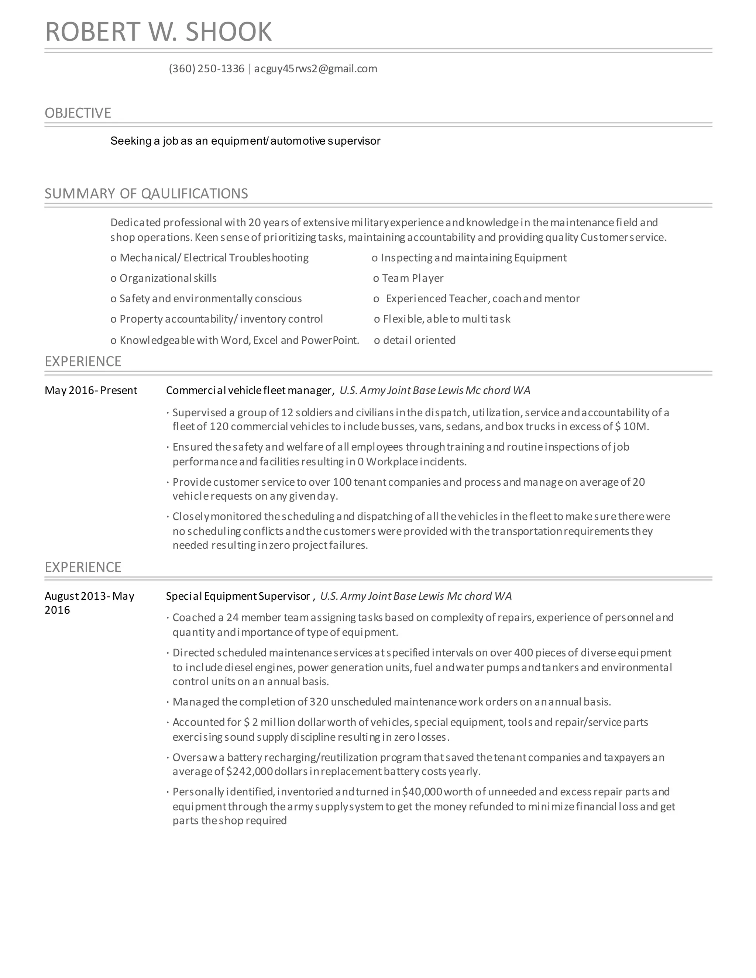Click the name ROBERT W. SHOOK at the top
[x=158, y=32]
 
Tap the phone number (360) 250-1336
[x=206, y=69]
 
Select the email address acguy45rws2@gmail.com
[x=316, y=69]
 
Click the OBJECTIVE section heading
[x=78, y=113]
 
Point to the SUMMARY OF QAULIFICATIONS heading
[x=146, y=193]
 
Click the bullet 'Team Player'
[x=412, y=278]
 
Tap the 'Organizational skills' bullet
[x=168, y=278]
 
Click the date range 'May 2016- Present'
[x=91, y=390]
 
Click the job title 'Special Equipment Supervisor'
[x=238, y=596]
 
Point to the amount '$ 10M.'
[x=632, y=426]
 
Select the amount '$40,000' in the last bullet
[x=422, y=792]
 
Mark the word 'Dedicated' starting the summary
[x=135, y=223]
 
